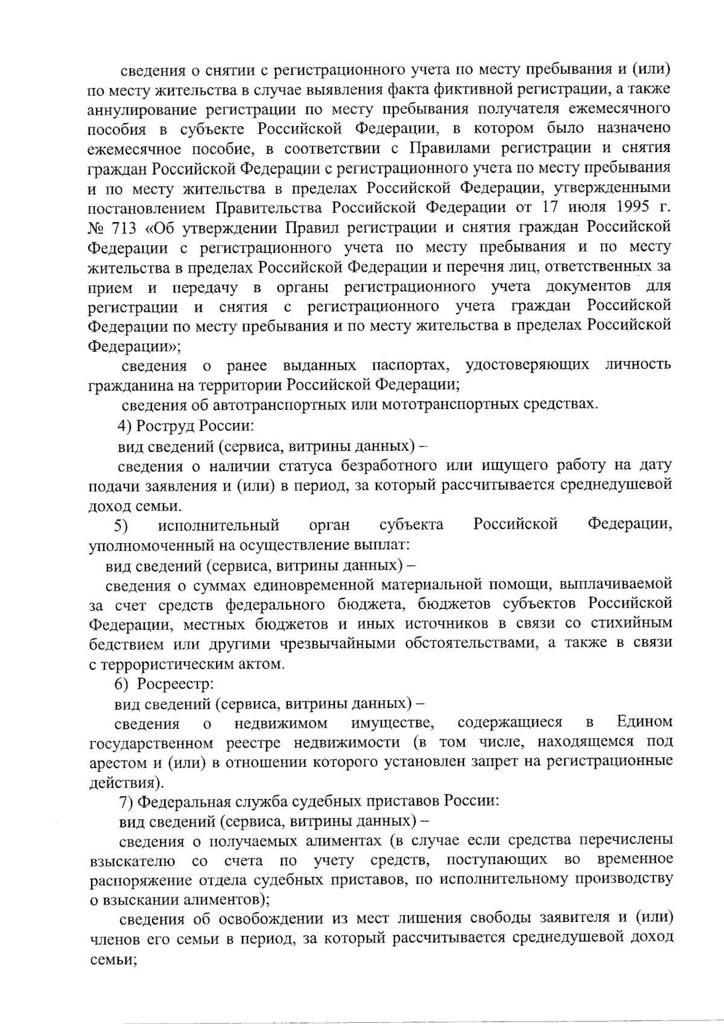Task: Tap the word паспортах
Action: tap(410, 365)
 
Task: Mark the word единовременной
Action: tap(312, 584)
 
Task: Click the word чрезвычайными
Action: tap(338, 644)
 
